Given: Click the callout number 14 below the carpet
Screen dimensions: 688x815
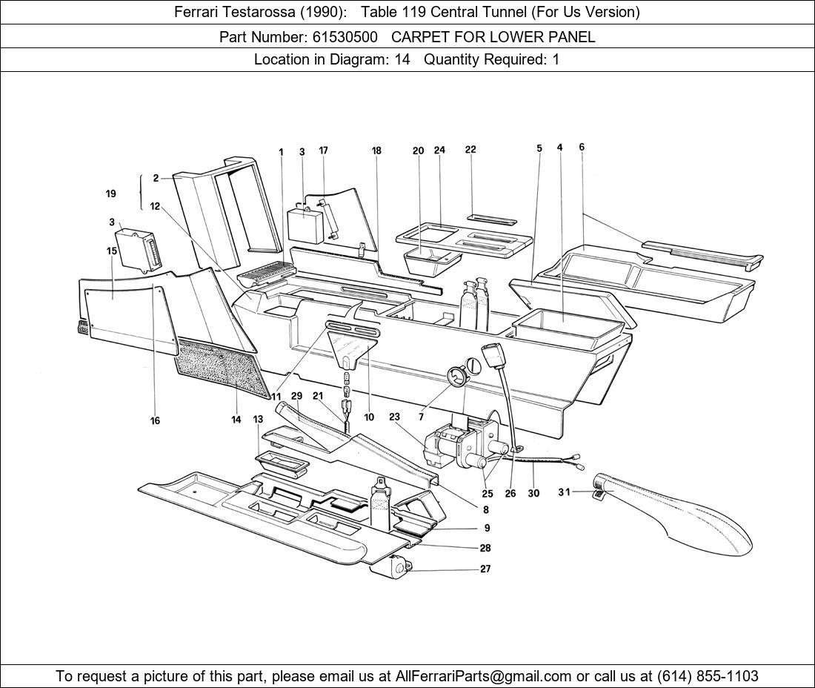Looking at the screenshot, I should coord(236,420).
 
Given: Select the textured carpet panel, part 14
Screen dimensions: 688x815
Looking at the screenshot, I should coord(222,367).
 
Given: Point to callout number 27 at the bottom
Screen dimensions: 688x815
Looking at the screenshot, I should coord(485,569).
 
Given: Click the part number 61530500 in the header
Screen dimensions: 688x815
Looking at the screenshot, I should coord(342,36).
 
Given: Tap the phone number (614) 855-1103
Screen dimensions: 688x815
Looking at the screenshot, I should coord(708,676).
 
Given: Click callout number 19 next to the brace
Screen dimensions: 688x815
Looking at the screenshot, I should coord(110,194).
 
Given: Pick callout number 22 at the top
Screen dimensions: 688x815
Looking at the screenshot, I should coord(470,150).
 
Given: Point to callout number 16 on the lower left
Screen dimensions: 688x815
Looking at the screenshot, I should coord(155,420).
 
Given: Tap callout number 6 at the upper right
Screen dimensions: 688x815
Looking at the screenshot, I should coord(582,148).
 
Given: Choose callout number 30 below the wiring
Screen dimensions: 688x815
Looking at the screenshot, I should coord(533,493).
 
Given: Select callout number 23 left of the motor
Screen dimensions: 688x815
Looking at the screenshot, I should coord(394,417).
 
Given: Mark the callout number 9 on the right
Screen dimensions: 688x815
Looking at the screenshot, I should coord(487,529).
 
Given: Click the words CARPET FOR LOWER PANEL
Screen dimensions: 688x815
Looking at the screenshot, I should coord(493,36).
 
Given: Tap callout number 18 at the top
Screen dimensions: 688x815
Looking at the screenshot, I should coord(376,150).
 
